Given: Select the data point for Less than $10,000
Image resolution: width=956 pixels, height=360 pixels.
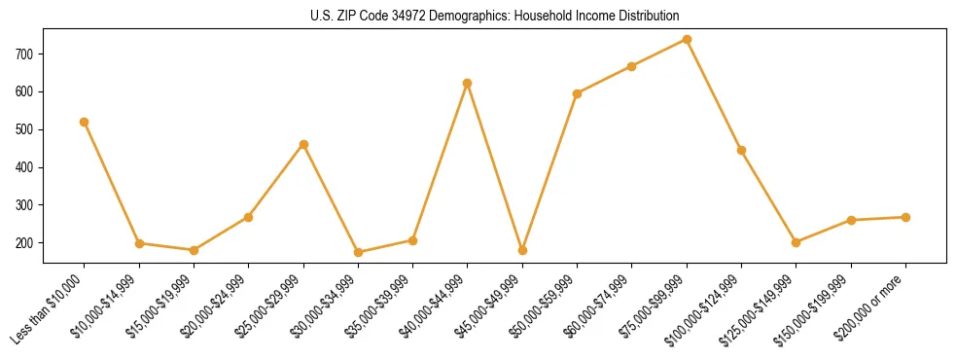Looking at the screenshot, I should (x=85, y=122).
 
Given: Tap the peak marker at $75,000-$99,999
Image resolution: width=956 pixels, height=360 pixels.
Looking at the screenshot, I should (x=688, y=39).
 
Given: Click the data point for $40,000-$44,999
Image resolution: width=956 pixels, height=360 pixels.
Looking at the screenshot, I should (x=468, y=83).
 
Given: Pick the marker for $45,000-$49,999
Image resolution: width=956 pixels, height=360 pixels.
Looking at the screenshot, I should (x=523, y=250).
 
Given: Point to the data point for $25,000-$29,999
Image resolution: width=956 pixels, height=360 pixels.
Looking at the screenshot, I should (x=303, y=144).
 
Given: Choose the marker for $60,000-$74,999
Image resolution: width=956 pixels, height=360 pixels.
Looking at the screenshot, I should (x=632, y=66).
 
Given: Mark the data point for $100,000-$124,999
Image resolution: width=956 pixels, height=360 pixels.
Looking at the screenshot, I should (x=742, y=150).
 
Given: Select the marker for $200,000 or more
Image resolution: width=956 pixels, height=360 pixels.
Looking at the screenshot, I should (x=906, y=217).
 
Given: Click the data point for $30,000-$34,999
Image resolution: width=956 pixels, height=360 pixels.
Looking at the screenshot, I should (x=358, y=252).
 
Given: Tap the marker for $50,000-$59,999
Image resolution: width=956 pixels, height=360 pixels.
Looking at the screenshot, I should (x=578, y=93).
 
